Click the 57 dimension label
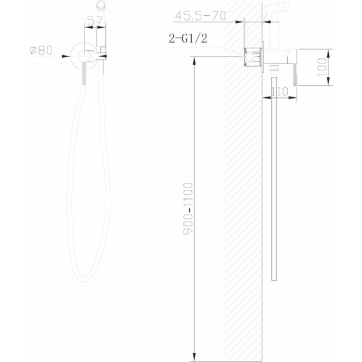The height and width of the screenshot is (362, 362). point(95,21)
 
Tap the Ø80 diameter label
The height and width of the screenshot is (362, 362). point(41,50)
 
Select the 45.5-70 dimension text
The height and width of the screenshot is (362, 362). point(201,16)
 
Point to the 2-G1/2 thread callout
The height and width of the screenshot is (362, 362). point(188,38)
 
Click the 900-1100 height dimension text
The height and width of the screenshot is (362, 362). point(188,209)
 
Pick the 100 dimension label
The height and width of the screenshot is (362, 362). point(322,67)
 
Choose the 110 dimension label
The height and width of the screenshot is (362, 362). point(279,91)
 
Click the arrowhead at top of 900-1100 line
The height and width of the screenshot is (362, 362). point(194,60)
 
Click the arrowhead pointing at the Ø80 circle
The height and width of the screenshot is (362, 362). point(67,56)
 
